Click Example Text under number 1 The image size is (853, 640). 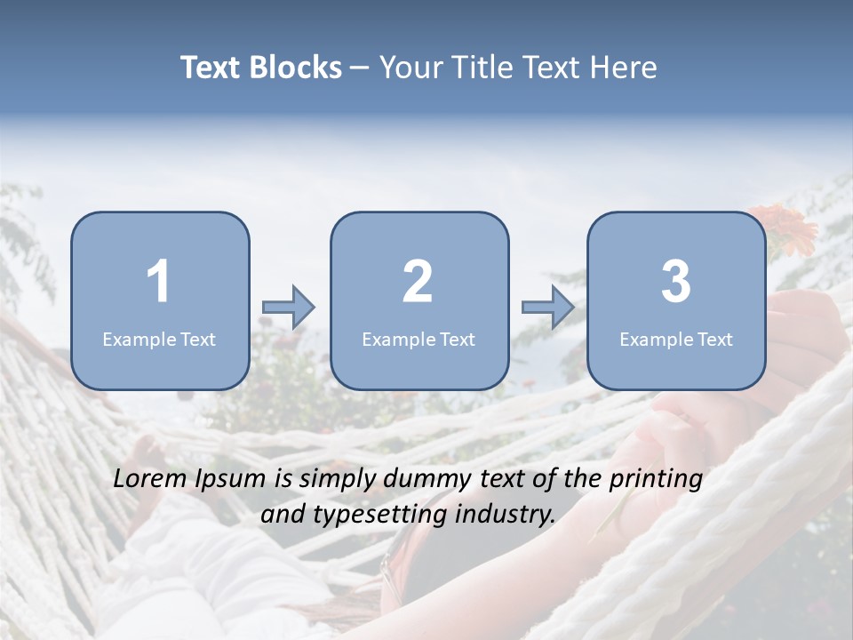pos(159,339)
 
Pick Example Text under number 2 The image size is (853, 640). pos(419,339)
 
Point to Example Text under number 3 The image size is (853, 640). pos(676,339)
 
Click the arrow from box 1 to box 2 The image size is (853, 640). pos(289,308)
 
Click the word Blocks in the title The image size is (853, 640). pos(296,68)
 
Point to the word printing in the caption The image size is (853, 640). pos(656,480)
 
